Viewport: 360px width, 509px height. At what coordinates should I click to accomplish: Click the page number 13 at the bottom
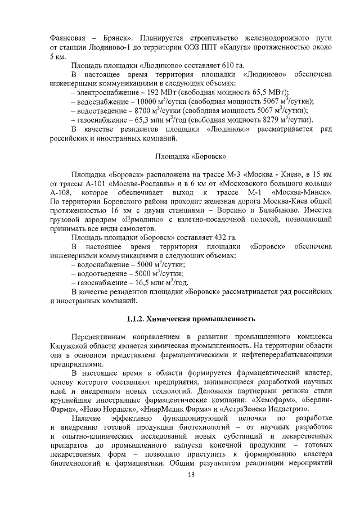[x=191, y=475]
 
